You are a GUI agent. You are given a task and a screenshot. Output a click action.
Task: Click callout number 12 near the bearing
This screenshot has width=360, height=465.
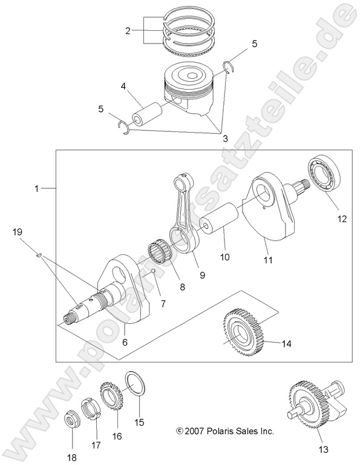342,219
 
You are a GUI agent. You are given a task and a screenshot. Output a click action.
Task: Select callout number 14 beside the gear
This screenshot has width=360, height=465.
286,344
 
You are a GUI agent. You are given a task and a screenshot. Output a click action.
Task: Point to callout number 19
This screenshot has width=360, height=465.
18,232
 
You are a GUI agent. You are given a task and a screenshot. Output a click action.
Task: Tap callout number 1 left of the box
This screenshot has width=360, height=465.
37,188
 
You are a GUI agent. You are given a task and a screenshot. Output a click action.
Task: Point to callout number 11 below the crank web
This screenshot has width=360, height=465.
267,260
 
